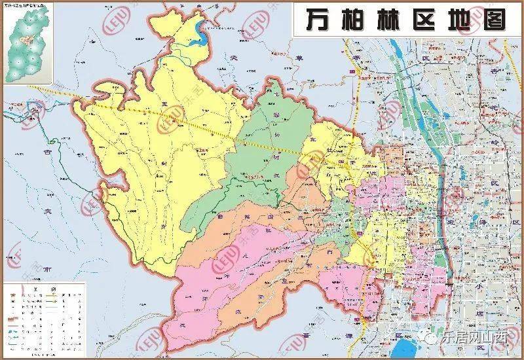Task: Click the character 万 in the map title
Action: coord(319,22)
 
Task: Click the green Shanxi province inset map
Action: coord(28,45)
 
